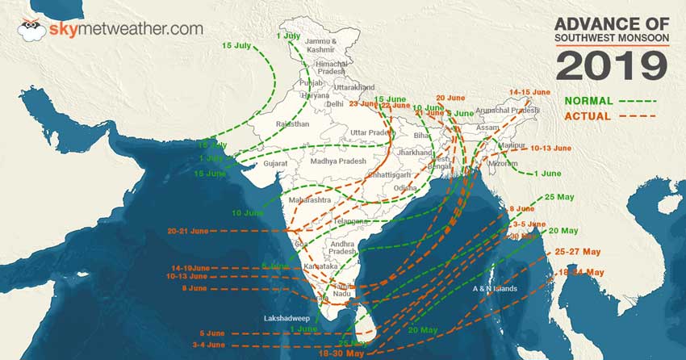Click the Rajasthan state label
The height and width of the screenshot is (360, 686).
coord(291,124)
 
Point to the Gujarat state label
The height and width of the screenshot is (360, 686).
coord(276,164)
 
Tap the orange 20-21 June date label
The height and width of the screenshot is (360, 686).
coord(188,231)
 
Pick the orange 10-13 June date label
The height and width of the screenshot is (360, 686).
coord(551,149)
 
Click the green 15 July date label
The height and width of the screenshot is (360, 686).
coord(236,44)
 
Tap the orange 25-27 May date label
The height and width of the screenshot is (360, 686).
coord(579,252)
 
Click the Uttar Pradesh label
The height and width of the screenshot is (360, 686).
coord(370,132)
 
